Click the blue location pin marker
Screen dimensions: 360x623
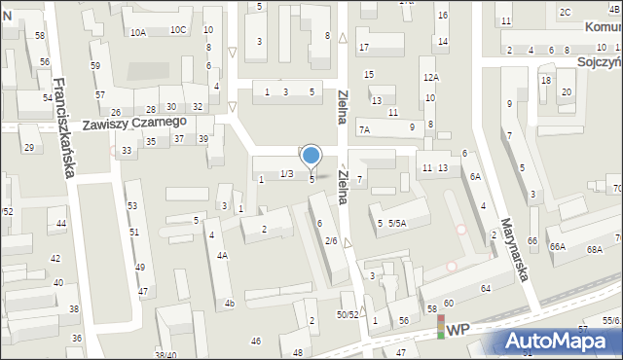pos(311,156)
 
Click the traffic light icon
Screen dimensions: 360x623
pos(440,327)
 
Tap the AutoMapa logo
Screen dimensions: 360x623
pos(562,342)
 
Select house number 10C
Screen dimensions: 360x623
pos(178,29)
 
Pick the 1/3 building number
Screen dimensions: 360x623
pos(286,173)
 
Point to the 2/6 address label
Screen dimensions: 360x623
pos(331,240)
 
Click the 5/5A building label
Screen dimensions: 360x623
pos(397,223)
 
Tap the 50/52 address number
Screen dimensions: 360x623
pos(348,314)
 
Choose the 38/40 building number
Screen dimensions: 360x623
pos(165,355)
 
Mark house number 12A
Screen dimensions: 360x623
pos(430,77)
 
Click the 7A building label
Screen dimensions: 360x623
pos(364,129)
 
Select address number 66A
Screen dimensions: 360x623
pos(557,247)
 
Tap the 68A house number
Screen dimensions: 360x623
pos(595,250)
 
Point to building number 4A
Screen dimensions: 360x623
pos(222,256)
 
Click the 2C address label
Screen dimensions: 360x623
pos(565,12)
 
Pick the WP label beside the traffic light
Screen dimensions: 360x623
pos(458,331)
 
